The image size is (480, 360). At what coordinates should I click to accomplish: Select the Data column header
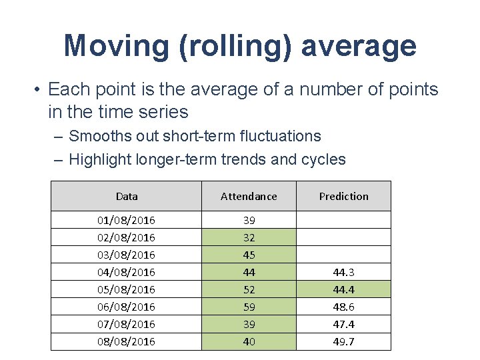[127, 196]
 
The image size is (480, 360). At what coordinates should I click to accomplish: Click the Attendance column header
[249, 196]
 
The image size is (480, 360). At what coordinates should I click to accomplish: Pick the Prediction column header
[343, 196]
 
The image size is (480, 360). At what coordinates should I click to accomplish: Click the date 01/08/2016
[127, 220]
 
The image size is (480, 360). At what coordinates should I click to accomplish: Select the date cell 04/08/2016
[127, 272]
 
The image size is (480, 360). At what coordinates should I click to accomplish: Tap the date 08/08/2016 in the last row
[127, 341]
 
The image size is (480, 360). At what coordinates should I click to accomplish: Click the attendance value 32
[249, 237]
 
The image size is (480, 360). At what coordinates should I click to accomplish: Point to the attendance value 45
[249, 255]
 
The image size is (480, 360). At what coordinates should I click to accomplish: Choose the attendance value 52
[249, 289]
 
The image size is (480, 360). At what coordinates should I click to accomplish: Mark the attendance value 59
[249, 307]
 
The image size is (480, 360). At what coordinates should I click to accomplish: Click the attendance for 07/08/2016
[249, 324]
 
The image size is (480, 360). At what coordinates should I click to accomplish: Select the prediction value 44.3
[343, 272]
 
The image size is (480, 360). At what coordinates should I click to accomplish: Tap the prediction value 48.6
[343, 307]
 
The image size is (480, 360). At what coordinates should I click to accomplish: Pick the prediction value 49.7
[343, 341]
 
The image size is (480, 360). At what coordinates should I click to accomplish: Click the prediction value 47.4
[343, 324]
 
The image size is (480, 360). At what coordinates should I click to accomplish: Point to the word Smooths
[97, 136]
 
